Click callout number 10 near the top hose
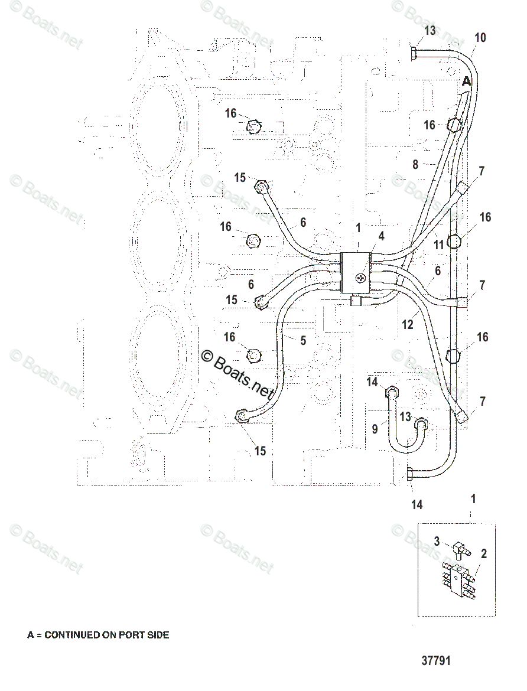pos(480,38)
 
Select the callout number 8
pos(415,165)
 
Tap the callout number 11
pos(438,243)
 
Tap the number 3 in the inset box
pos(437,540)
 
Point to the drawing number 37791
pos(435,660)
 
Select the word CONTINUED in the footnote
pos(73,635)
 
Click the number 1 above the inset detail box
pos(473,500)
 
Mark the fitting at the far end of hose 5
pos(242,416)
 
